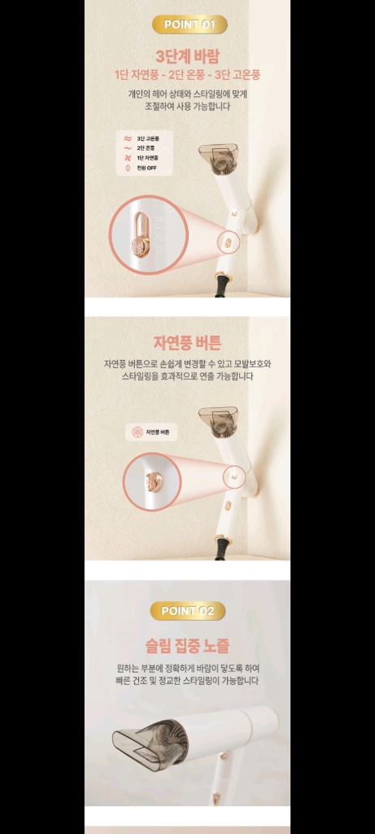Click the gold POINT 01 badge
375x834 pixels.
[x=189, y=24]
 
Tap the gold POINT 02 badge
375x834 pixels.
[x=187, y=610]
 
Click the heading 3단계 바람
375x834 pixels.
[x=188, y=56]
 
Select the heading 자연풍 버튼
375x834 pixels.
[x=187, y=342]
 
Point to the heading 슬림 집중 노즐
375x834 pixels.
[x=187, y=646]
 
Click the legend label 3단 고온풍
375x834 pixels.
[x=147, y=139]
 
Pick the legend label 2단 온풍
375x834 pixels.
[x=146, y=148]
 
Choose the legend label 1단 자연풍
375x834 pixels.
[x=147, y=158]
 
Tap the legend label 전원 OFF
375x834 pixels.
[x=146, y=168]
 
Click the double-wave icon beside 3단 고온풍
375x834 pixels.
[x=128, y=139]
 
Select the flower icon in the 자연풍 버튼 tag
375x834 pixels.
[x=137, y=432]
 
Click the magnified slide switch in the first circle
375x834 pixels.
[x=142, y=235]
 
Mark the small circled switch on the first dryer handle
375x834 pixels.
[x=229, y=241]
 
